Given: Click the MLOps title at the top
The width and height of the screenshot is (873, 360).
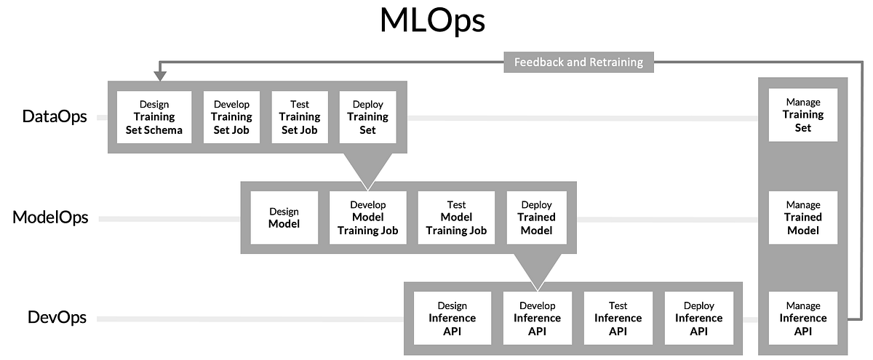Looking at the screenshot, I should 432,21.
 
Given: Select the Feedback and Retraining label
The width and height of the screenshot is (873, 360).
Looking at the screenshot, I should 578,63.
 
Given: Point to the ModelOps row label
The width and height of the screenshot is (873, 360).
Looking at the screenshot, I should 50,217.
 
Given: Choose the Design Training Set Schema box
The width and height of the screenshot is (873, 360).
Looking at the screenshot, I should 154,117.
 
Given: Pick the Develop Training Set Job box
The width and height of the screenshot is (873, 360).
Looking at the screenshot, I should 231,117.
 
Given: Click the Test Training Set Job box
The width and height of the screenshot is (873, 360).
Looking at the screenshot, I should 300,117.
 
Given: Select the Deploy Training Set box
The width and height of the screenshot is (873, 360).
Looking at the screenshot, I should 367,117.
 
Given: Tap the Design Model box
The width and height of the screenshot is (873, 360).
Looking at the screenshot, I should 284,217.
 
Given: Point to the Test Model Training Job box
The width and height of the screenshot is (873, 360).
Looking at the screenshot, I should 456,217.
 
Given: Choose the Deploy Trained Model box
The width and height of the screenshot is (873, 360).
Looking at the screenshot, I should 536,217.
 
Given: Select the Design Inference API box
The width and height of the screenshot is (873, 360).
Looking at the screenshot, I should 452,318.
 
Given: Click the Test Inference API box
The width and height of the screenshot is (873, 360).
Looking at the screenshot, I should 618,318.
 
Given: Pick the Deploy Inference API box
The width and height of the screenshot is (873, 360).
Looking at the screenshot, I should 698,318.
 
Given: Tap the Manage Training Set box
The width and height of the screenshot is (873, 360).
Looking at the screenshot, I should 803,115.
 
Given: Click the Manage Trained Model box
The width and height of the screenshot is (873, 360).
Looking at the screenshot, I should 803,217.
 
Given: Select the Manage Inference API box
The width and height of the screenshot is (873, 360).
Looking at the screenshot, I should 803,318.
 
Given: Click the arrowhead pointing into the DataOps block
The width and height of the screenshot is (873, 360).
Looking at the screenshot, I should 159,76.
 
